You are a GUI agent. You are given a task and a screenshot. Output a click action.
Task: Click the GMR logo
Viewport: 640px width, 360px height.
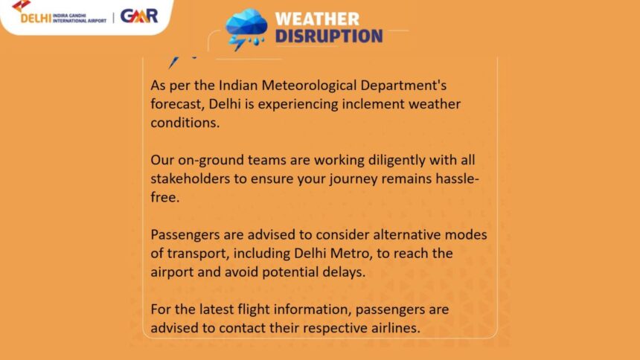click(138, 16)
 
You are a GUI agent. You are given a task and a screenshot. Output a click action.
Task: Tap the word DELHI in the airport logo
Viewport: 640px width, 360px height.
click(36, 19)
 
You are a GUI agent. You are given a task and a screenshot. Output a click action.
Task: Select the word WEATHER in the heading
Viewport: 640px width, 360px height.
click(317, 19)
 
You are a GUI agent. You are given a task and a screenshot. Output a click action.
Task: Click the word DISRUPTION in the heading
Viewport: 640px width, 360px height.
click(329, 36)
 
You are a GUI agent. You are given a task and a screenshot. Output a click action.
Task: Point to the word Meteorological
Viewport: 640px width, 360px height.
click(309, 86)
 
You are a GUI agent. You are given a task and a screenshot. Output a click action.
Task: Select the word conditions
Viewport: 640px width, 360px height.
click(185, 123)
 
